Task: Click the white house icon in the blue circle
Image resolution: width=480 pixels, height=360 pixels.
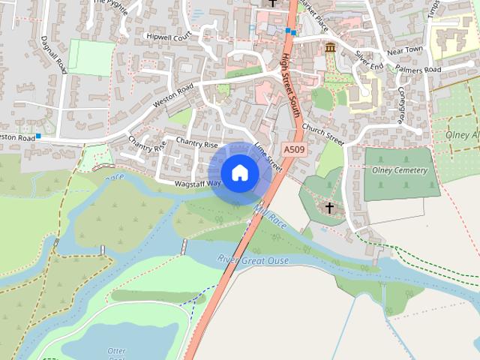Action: [240, 173]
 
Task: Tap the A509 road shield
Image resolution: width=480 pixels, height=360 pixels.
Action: [293, 150]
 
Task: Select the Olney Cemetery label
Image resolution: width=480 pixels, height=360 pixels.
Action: [400, 170]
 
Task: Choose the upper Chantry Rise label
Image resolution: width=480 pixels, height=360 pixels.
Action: [196, 142]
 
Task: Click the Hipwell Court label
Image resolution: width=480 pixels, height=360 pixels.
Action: [169, 35]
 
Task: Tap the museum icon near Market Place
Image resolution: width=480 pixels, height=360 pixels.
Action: [330, 49]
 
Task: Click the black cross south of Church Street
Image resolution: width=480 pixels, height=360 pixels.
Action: [329, 207]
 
